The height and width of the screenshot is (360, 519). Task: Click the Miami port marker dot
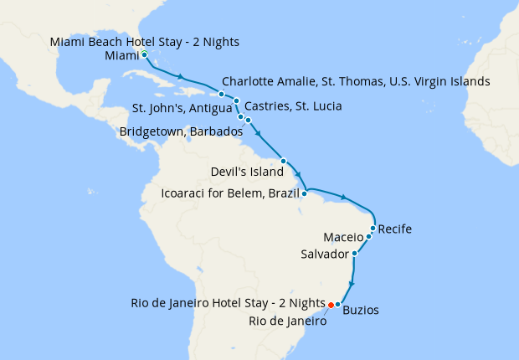point(145,54)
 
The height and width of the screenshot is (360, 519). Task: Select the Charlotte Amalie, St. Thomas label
point(356,82)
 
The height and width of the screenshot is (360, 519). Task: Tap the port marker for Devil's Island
point(284,161)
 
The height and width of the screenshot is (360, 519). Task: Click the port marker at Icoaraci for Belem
point(305,193)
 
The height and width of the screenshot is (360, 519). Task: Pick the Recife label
point(395,228)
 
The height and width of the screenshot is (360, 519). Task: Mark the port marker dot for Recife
point(373,228)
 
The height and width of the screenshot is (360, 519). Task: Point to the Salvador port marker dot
point(355,253)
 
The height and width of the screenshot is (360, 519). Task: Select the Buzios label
point(361,310)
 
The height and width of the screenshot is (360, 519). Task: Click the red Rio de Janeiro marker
point(331,304)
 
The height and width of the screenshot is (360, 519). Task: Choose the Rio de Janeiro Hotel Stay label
point(228,302)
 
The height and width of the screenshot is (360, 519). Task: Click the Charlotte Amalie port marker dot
point(221,94)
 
